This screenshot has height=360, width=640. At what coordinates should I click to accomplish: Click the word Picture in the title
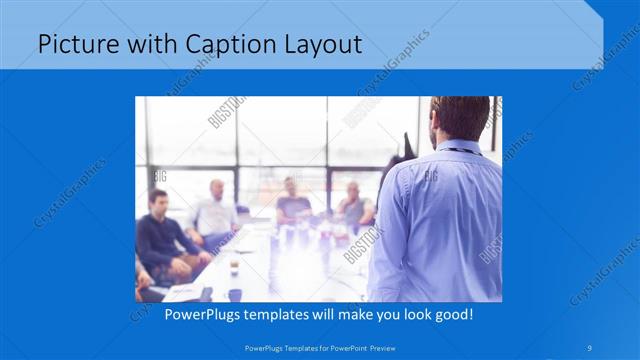click(73, 44)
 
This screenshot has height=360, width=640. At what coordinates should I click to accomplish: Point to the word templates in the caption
click(286, 315)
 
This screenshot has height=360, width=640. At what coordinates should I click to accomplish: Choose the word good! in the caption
click(452, 315)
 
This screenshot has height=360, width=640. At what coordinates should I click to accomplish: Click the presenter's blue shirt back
click(440, 220)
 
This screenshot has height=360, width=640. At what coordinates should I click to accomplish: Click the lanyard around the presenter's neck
click(462, 150)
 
